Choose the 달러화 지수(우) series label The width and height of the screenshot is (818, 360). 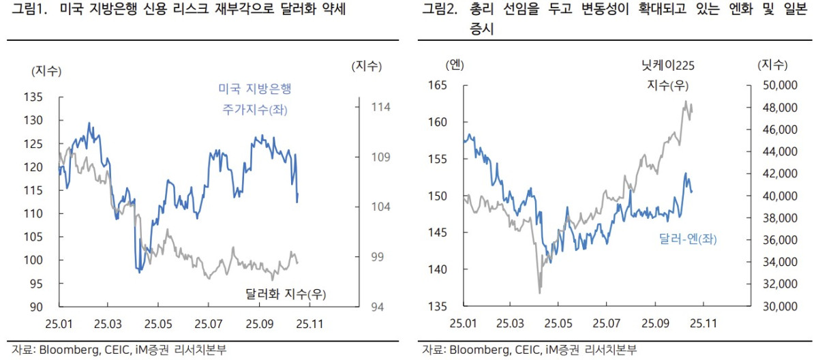[285, 294]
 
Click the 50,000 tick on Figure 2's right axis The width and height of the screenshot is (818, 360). [778, 85]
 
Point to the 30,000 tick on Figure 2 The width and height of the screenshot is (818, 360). [778, 307]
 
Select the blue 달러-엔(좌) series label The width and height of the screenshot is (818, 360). [688, 239]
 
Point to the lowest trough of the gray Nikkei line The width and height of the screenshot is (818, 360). [540, 293]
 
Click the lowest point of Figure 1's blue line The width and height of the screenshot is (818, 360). [139, 272]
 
